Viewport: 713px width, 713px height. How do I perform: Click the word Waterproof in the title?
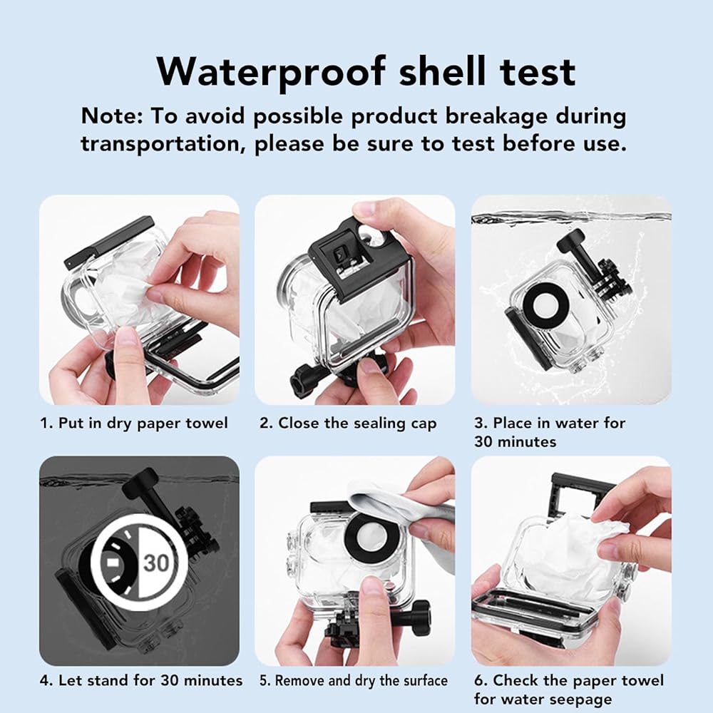pyautogui.click(x=272, y=72)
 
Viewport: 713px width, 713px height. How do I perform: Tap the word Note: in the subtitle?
pyautogui.click(x=112, y=116)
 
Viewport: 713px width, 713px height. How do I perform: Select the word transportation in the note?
pyautogui.click(x=160, y=145)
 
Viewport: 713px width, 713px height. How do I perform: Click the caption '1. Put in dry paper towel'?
pyautogui.click(x=134, y=424)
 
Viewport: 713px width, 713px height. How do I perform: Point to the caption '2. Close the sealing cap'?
pyautogui.click(x=348, y=424)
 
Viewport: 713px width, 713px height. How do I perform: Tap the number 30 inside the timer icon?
pyautogui.click(x=156, y=563)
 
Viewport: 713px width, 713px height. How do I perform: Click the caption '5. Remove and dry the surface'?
pyautogui.click(x=354, y=681)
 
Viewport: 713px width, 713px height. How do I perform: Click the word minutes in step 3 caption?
pyautogui.click(x=528, y=442)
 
